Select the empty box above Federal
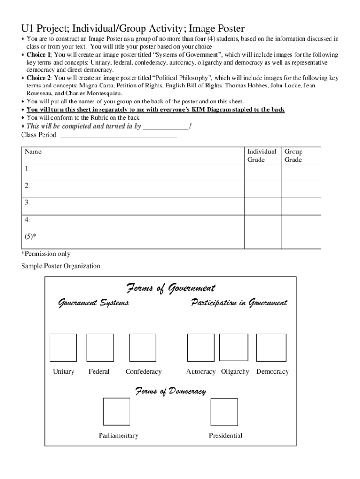[x=100, y=348]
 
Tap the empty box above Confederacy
[x=142, y=348]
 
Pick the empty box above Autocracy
[x=201, y=348]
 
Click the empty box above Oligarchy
[x=234, y=348]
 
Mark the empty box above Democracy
[x=272, y=348]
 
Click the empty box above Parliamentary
[x=116, y=411]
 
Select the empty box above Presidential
[x=224, y=412]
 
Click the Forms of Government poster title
[x=171, y=288]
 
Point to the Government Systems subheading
[x=93, y=303]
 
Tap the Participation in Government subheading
[x=239, y=303]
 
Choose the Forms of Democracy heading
[x=171, y=391]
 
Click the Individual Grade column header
[x=262, y=156]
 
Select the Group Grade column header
[x=294, y=156]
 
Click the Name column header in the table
[x=33, y=152]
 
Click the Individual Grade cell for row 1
[x=262, y=173]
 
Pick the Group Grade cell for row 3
[x=301, y=206]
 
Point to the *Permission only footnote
[x=46, y=254]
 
